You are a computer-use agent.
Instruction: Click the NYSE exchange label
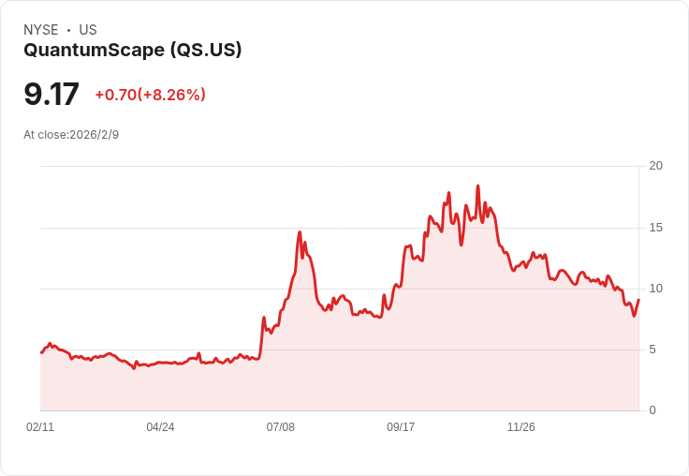(41, 30)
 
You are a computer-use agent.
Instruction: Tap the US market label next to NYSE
(88, 30)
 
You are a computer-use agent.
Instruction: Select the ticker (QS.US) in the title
(205, 50)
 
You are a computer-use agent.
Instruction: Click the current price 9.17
(51, 95)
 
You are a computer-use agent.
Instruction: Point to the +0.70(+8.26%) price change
(150, 95)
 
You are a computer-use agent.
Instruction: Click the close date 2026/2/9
(94, 135)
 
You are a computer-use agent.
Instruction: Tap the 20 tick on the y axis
(656, 166)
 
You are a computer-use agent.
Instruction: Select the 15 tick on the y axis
(656, 227)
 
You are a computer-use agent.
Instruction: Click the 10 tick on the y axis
(656, 288)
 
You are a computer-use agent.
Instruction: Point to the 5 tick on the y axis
(652, 349)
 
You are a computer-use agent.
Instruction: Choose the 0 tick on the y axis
(652, 409)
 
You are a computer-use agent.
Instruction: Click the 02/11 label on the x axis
(40, 427)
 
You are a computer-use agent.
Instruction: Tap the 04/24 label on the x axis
(160, 427)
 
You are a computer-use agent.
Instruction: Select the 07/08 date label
(280, 427)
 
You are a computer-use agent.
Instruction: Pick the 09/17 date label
(401, 427)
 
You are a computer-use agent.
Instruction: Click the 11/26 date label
(520, 427)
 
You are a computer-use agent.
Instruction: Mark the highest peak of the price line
(477, 186)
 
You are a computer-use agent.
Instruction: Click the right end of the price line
(638, 300)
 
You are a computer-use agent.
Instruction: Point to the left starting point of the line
(41, 352)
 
